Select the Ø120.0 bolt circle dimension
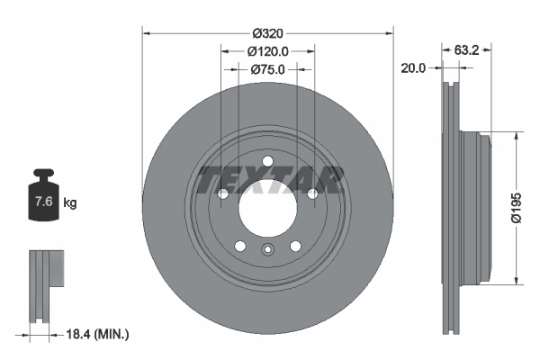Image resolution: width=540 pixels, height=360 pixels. [267, 51]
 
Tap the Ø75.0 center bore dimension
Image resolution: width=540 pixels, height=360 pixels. [267, 68]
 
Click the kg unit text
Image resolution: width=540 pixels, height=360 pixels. [69, 203]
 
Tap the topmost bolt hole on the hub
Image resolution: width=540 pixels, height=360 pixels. [267, 161]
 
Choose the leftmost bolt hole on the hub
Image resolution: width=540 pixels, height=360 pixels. [222, 193]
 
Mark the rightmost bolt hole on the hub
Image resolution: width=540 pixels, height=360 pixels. [312, 193]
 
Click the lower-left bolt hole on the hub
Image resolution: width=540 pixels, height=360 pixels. [239, 246]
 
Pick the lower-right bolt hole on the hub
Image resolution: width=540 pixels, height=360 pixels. [295, 246]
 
